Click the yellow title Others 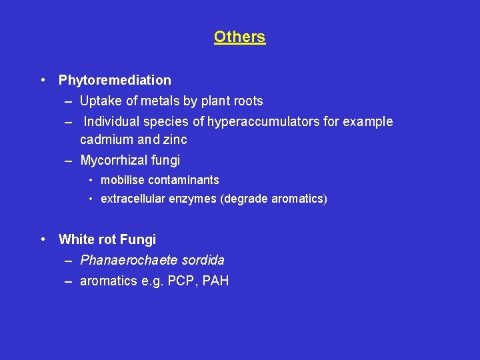pos(239,37)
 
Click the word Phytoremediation pos(115,81)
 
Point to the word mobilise pos(123,180)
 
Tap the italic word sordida pos(202,260)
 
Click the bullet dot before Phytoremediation pos(43,80)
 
